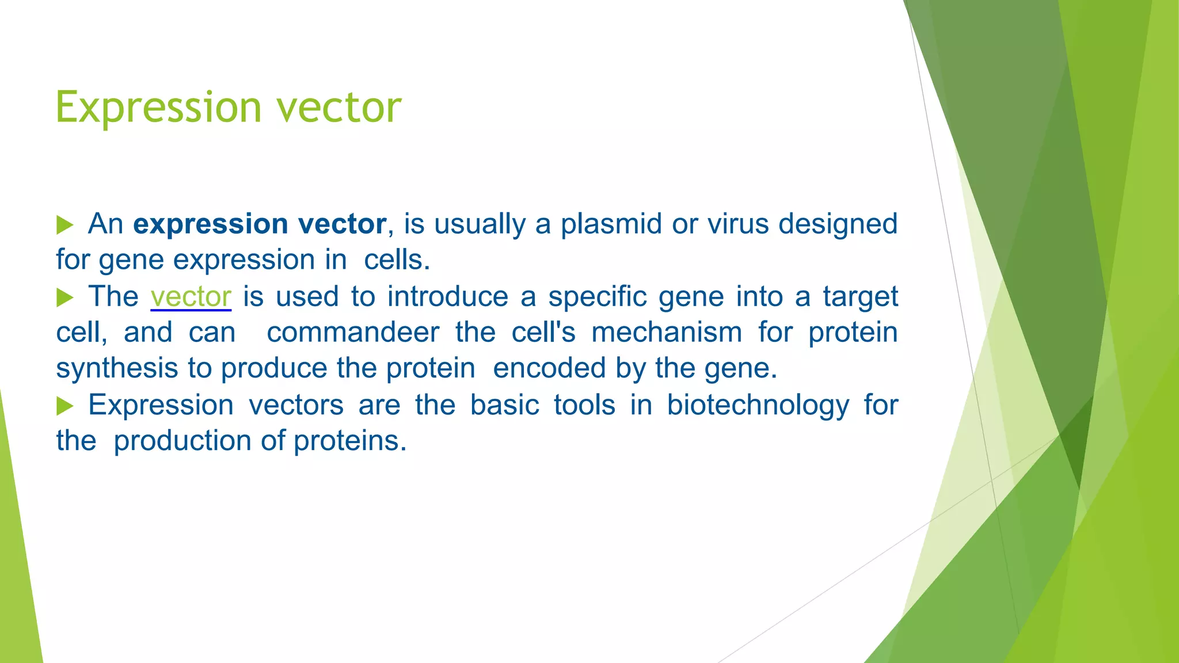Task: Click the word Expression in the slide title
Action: click(x=158, y=108)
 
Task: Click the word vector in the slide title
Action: click(x=339, y=108)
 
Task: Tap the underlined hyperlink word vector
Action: click(x=191, y=297)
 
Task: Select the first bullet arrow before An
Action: click(x=64, y=225)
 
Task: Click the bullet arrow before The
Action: click(x=64, y=298)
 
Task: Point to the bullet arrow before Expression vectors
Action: click(x=64, y=406)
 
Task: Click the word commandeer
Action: click(x=353, y=333)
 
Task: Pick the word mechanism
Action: click(x=667, y=333)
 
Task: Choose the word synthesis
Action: click(x=117, y=368)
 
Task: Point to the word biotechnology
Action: click(x=758, y=405)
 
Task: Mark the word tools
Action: click(x=584, y=405)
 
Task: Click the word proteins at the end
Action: click(x=349, y=441)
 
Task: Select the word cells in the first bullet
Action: click(x=397, y=260)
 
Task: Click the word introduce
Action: click(x=447, y=297)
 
